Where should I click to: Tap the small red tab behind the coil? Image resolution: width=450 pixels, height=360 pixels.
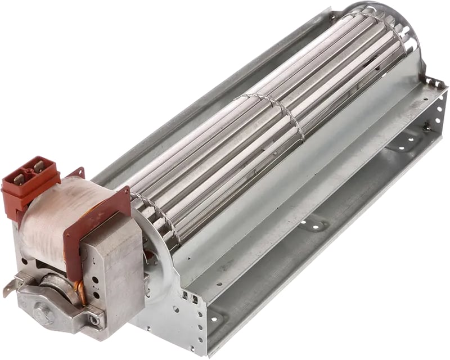(x=76, y=172)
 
